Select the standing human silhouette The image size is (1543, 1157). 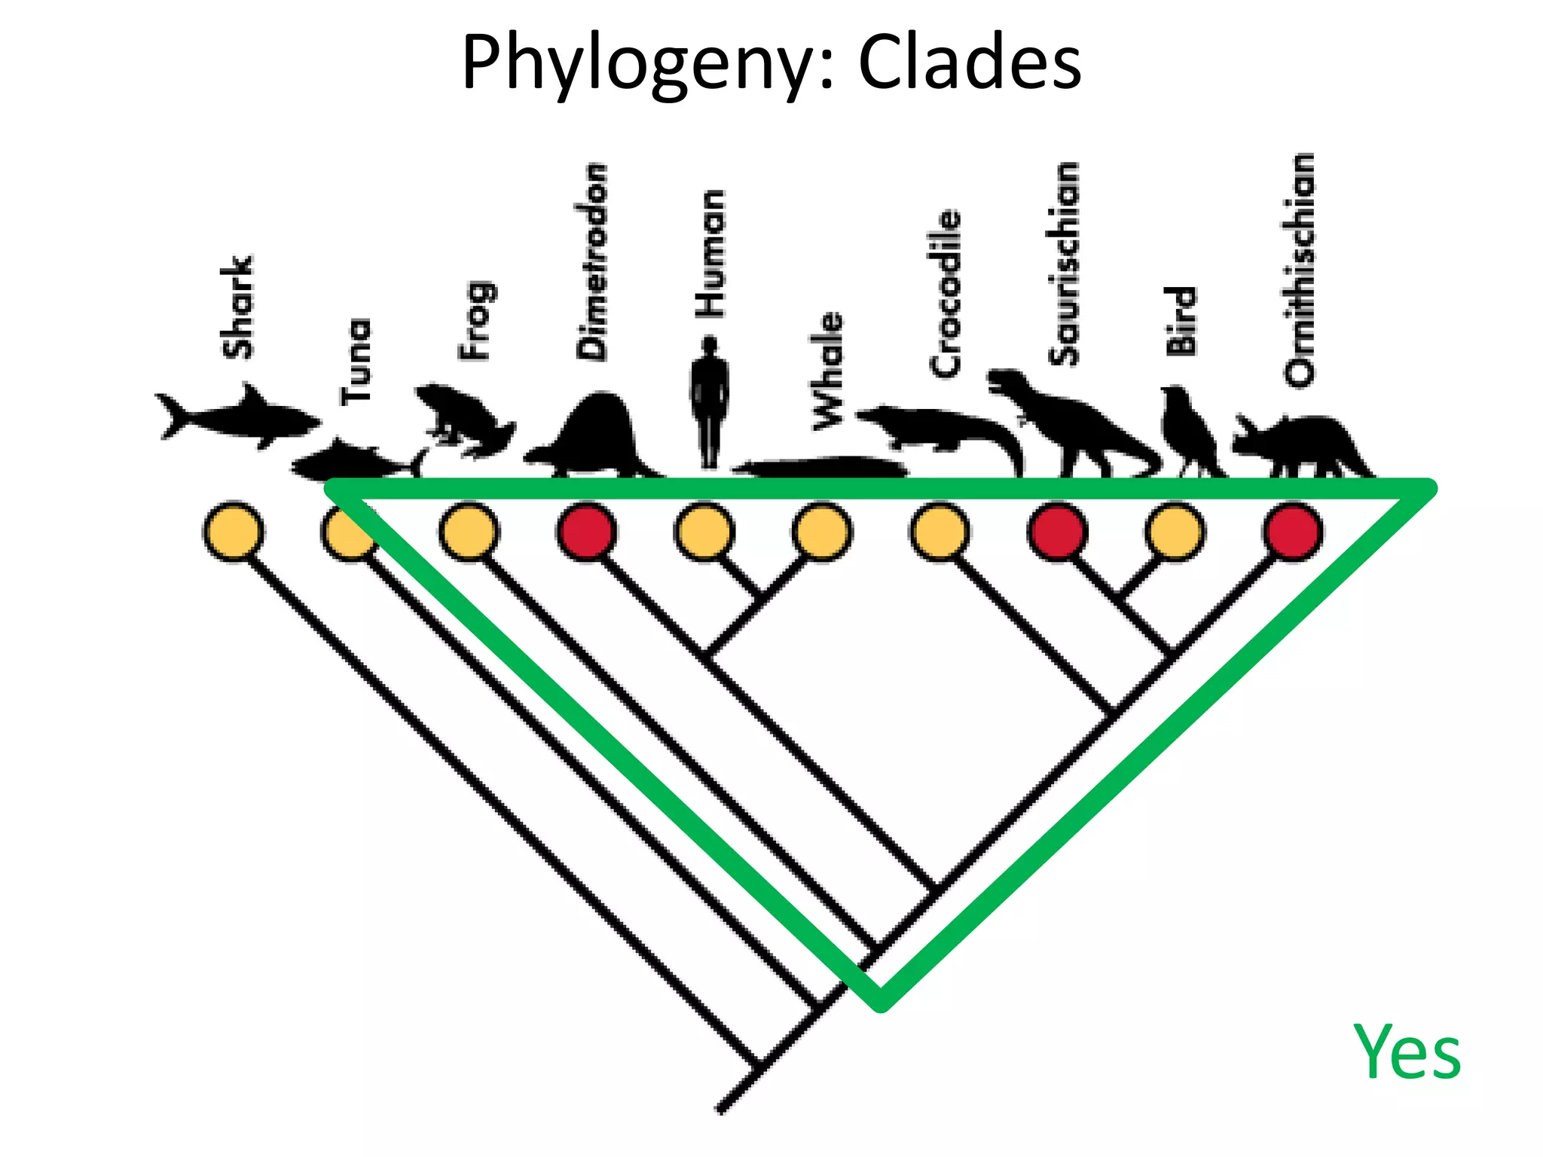coord(709,403)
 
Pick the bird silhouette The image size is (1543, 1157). coord(1187,429)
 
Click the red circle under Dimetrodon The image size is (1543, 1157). coord(587,533)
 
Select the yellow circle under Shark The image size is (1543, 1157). coord(234,533)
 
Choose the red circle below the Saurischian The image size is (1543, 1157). coord(1057,533)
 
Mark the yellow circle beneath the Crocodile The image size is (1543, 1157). coord(940,533)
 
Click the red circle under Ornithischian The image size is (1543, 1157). coord(1293,533)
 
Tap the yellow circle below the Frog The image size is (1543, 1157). coord(469,533)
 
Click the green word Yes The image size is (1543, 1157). coord(1407,1052)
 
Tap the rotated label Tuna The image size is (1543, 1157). coord(356,362)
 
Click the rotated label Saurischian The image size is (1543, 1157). coord(1063,264)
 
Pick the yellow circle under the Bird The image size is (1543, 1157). coord(1175,533)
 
